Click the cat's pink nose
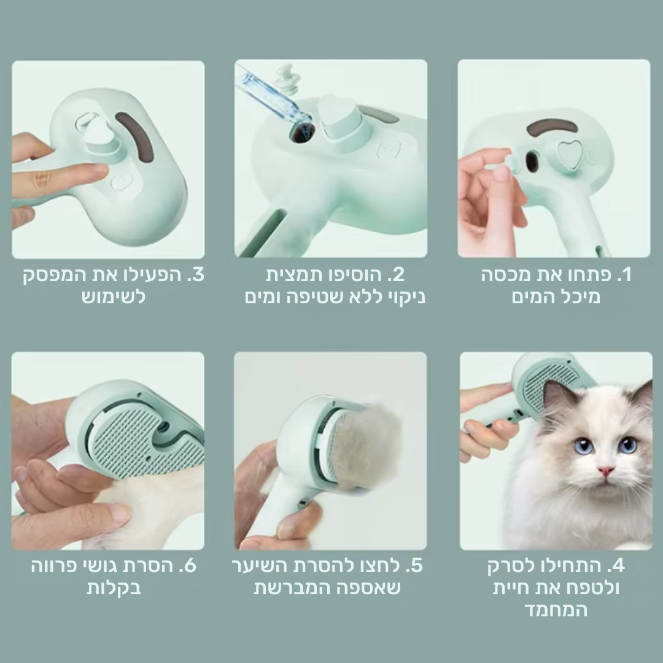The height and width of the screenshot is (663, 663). pyautogui.click(x=606, y=471)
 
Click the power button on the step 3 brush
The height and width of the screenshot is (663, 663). pyautogui.click(x=122, y=182)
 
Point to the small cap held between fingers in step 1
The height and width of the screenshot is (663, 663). pyautogui.click(x=502, y=161)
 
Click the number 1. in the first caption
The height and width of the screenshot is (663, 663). pyautogui.click(x=622, y=275)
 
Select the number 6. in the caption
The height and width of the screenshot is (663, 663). pyautogui.click(x=188, y=565)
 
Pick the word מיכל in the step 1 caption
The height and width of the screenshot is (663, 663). pyautogui.click(x=580, y=298)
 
